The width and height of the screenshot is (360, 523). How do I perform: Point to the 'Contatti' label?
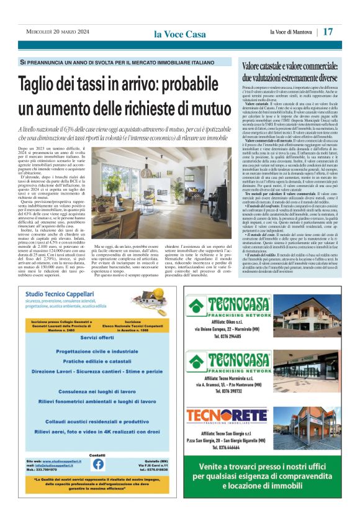click(x=97, y=455)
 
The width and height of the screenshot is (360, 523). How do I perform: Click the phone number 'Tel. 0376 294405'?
click(x=224, y=335)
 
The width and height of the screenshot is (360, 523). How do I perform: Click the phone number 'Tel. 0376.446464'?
click(x=224, y=446)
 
